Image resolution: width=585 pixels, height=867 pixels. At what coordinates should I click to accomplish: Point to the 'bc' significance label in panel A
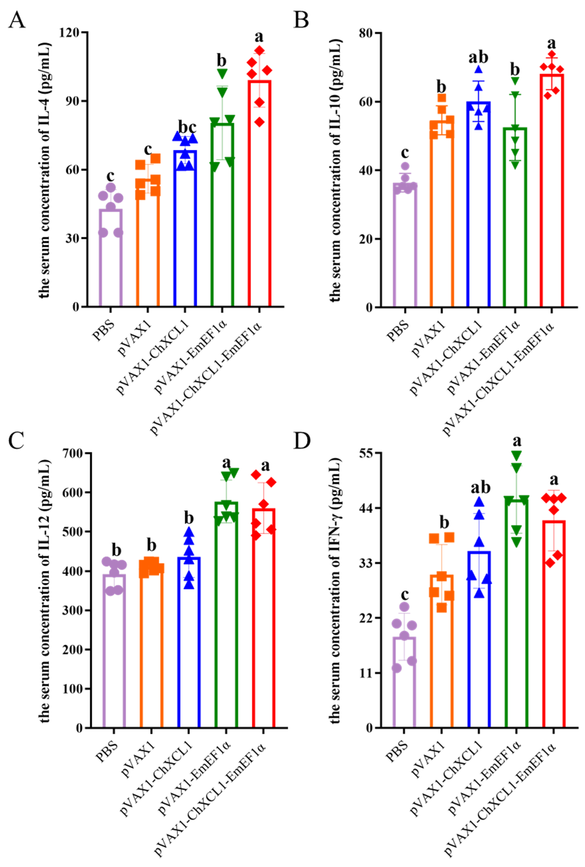(x=187, y=127)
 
